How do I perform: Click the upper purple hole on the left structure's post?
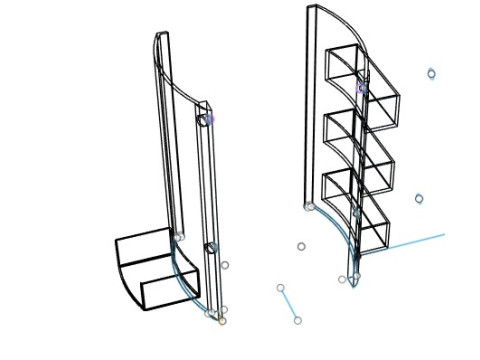coord(207,119)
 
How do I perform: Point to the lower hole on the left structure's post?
coord(211,247)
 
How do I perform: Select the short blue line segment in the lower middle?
coord(289,304)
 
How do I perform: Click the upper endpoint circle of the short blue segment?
coord(281,288)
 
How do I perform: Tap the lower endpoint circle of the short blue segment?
coord(297,320)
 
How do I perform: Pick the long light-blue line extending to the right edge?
coord(410,243)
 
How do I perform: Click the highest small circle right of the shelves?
coord(431,73)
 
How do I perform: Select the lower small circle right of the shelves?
coord(419,199)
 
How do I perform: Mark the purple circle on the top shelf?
coord(362,88)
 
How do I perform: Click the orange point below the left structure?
coord(221,321)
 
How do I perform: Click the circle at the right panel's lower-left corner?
coord(309,207)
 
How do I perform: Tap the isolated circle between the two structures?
coord(301,246)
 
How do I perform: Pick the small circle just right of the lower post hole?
coord(224,265)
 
